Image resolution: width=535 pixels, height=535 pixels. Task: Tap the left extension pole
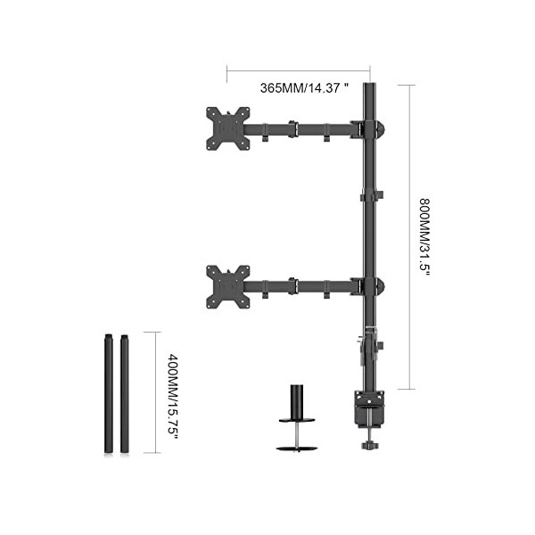(x=109, y=392)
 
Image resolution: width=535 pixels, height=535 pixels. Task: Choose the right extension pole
(x=123, y=392)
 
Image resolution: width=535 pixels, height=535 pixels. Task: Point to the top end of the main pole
(x=370, y=80)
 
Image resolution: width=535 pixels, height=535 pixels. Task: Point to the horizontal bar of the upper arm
(x=303, y=131)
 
